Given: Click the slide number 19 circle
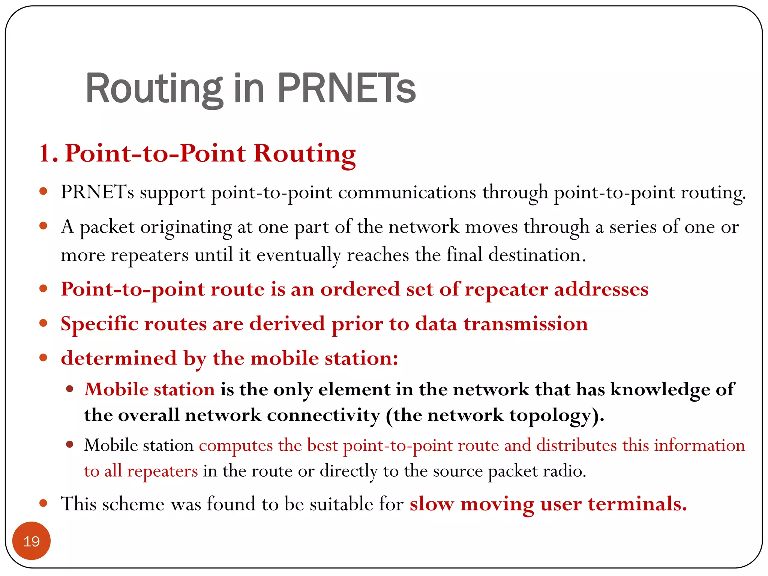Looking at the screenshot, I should tap(31, 541).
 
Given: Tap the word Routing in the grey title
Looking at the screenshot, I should tap(154, 88).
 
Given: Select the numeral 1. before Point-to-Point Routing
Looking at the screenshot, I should tap(48, 153).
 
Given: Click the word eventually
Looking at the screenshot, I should tap(299, 255).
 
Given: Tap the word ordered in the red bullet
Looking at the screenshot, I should tap(360, 289).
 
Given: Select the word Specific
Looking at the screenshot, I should tap(99, 324).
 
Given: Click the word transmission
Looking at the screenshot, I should tap(526, 324).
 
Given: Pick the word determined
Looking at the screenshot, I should tap(119, 358).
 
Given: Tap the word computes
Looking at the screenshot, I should tap(235, 445).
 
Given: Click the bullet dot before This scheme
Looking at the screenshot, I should tap(43, 503).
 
